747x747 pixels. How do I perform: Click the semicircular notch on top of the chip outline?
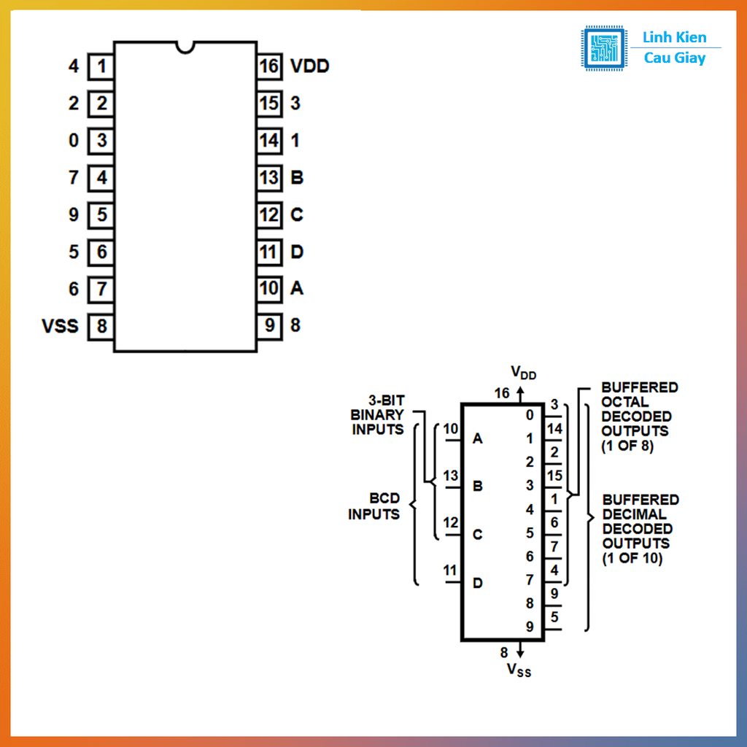[x=185, y=47]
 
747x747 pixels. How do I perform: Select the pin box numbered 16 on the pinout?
[x=269, y=66]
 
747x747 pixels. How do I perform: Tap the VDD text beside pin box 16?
[x=310, y=66]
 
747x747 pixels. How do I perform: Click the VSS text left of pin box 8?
[x=60, y=325]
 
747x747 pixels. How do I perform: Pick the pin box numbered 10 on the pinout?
[x=269, y=288]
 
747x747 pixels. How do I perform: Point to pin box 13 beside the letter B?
[x=269, y=177]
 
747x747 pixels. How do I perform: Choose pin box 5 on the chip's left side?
[x=101, y=215]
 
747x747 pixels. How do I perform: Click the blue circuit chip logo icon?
[x=604, y=48]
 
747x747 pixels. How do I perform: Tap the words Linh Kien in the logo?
[x=674, y=38]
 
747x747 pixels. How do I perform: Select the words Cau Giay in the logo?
[x=674, y=58]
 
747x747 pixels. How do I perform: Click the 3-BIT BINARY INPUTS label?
[x=378, y=415]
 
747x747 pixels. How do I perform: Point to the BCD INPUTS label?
[x=373, y=506]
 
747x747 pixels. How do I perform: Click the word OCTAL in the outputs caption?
[x=625, y=402]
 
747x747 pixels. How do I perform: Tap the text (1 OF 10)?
[x=632, y=559]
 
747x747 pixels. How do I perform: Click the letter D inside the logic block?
[x=478, y=583]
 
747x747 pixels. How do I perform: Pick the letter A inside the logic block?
[x=478, y=438]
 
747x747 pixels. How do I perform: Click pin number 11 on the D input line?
[x=450, y=570]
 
